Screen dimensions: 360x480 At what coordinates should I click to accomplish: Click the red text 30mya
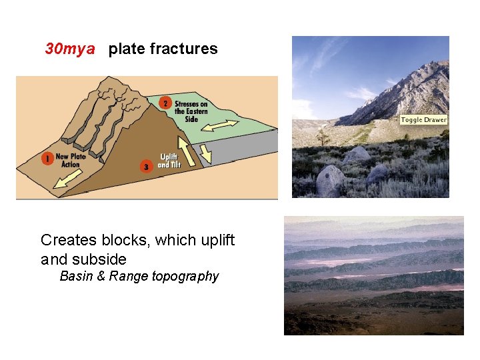coord(70,49)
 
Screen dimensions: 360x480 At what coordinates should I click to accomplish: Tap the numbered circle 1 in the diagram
coord(47,159)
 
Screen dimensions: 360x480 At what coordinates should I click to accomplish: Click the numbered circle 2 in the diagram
coord(165,104)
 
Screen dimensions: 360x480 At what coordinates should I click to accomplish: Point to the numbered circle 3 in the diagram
coord(147,166)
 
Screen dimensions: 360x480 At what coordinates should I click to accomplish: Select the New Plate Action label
coord(71,160)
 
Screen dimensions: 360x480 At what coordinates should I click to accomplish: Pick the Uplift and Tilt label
coord(169,161)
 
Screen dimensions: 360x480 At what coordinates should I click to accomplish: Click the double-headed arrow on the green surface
coord(219,125)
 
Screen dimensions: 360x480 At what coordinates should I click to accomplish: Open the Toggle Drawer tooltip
coord(424,120)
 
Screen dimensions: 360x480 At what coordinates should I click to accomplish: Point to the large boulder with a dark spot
coord(331,179)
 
